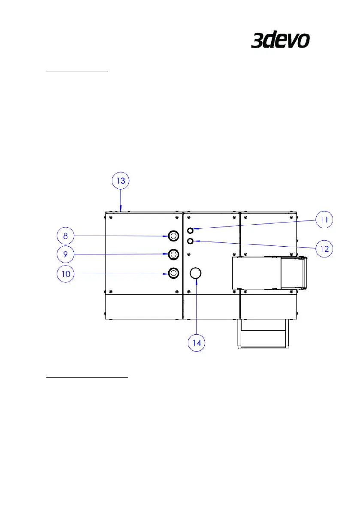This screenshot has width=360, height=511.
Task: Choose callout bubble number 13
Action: (x=121, y=181)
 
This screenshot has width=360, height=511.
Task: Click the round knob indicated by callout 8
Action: (x=173, y=236)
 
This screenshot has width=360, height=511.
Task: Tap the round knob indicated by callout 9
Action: (x=173, y=254)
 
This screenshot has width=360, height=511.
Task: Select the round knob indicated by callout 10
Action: (x=173, y=272)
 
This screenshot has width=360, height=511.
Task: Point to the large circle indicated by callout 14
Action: (x=196, y=273)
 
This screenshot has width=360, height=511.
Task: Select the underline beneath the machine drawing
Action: (x=87, y=378)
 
